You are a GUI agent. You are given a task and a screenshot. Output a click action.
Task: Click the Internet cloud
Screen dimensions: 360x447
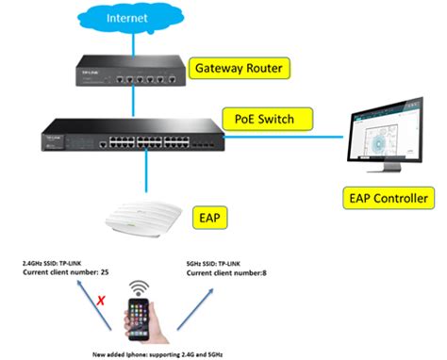[x=129, y=18]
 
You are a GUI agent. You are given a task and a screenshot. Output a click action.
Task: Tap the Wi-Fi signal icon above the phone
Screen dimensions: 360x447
[x=140, y=286]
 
